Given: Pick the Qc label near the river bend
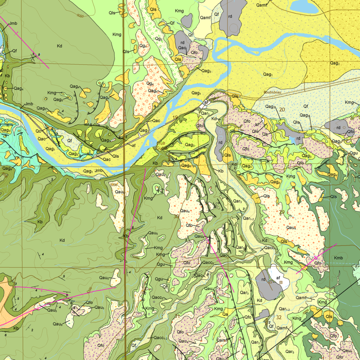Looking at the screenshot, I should [x=38, y=131].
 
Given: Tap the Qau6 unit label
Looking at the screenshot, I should [x=57, y=324].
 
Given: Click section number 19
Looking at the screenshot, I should [x=175, y=117].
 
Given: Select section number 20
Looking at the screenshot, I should [x=282, y=109].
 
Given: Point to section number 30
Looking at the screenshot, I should [x=176, y=216].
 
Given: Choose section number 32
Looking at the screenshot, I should [x=279, y=317].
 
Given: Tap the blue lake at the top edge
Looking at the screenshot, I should [x=303, y=6].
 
